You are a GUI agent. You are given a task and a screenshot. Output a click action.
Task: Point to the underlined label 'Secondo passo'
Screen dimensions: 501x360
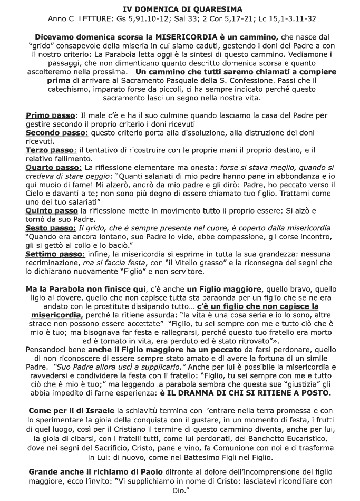click(56, 133)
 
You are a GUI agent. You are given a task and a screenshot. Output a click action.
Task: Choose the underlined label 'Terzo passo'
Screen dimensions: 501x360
click(51, 151)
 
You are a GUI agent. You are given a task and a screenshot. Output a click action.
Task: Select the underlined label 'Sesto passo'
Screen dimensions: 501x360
click(51, 228)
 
